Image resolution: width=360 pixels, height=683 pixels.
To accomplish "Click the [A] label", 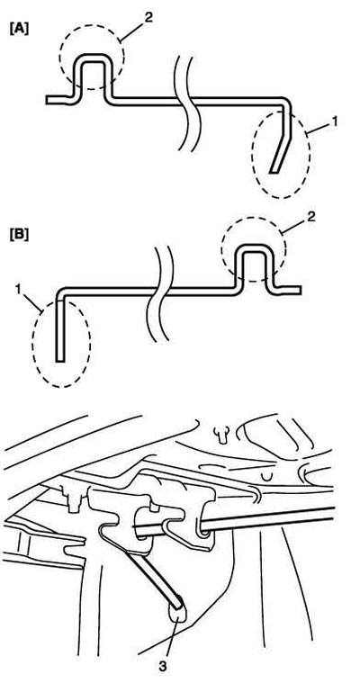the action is click(x=19, y=30).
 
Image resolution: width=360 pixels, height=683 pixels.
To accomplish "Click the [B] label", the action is click(x=19, y=235).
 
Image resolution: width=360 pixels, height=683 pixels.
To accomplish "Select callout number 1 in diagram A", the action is click(x=334, y=121).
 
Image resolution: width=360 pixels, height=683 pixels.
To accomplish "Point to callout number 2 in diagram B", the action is click(x=310, y=217).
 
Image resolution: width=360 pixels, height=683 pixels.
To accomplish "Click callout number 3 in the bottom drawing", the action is click(x=163, y=666).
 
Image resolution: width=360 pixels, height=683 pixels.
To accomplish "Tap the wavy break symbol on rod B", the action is click(x=160, y=292).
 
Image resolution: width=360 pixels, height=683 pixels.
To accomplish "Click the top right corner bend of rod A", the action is click(x=285, y=102).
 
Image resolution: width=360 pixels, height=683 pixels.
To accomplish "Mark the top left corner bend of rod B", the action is click(x=61, y=292).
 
